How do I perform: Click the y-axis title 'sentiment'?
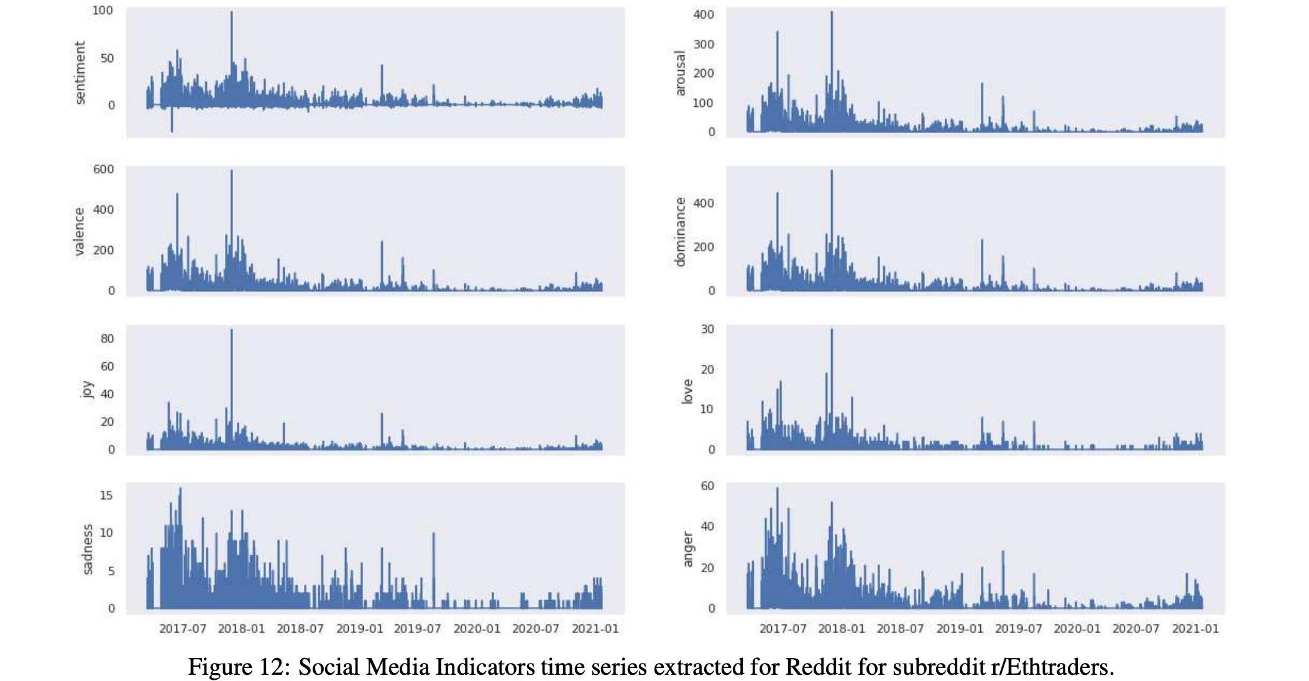pyautogui.click(x=80, y=73)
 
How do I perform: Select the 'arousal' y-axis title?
pyautogui.click(x=680, y=73)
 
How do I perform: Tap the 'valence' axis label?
pyautogui.click(x=79, y=231)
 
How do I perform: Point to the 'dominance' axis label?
pyautogui.click(x=680, y=232)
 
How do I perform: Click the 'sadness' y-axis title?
pyautogui.click(x=88, y=549)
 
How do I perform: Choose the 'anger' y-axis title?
pyautogui.click(x=687, y=549)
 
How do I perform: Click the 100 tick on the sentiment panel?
pyautogui.click(x=103, y=11)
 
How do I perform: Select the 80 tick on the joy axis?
pyautogui.click(x=107, y=339)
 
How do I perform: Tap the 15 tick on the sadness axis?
pyautogui.click(x=106, y=495)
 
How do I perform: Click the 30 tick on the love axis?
pyautogui.click(x=707, y=329)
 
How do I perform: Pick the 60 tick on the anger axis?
pyautogui.click(x=707, y=485)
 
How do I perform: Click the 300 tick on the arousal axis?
pyautogui.click(x=704, y=44)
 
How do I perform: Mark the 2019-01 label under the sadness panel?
pyautogui.click(x=360, y=629)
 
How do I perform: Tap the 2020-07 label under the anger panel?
pyautogui.click(x=1136, y=629)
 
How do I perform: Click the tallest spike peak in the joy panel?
pyautogui.click(x=232, y=330)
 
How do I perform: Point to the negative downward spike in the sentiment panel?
pyautogui.click(x=172, y=130)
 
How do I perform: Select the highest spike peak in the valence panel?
pyautogui.click(x=232, y=171)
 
